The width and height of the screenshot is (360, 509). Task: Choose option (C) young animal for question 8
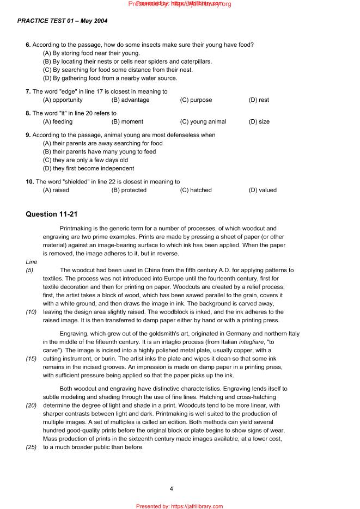click(x=203, y=122)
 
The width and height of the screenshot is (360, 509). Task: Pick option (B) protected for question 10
click(x=129, y=191)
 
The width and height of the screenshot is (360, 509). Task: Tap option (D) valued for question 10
click(x=263, y=191)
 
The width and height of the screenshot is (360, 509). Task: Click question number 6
click(x=28, y=45)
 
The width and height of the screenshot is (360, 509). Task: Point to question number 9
click(x=28, y=135)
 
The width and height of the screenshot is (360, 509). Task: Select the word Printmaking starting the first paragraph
click(x=76, y=229)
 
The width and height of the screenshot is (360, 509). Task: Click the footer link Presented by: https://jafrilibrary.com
click(x=179, y=506)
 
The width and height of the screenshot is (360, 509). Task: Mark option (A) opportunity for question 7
click(x=63, y=100)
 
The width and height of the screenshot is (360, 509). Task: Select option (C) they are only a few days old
click(x=85, y=161)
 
